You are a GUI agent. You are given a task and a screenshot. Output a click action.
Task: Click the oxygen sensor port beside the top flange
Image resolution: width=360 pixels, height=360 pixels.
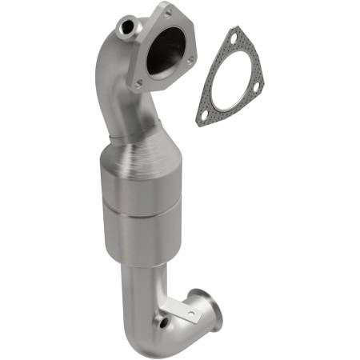pyautogui.click(x=126, y=29)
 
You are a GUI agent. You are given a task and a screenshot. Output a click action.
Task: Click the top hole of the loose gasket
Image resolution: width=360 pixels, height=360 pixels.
pyautogui.click(x=234, y=37)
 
